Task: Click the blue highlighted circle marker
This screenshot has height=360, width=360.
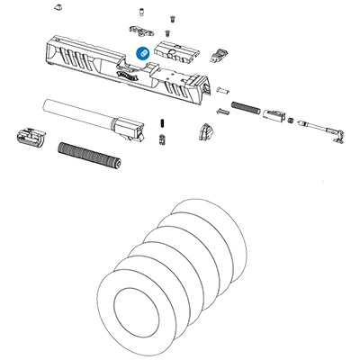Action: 141,53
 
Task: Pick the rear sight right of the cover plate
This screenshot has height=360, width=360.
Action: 219,54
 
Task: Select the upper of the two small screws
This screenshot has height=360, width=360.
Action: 171,17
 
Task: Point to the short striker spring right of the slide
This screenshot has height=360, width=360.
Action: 243,107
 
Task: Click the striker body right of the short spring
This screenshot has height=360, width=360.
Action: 275,116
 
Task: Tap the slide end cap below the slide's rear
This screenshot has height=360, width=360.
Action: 207,131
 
